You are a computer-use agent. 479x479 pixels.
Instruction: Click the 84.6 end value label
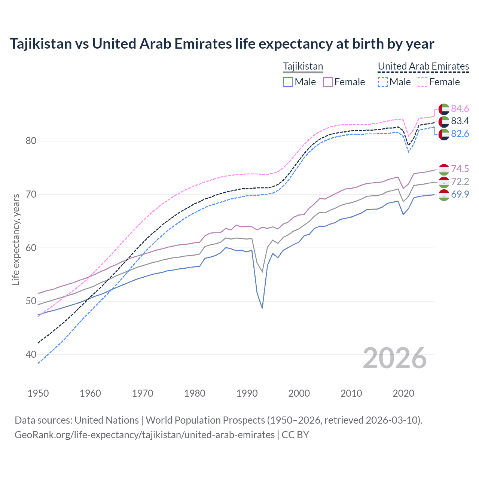pos(460,109)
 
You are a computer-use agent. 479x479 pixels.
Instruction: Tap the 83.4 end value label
pos(460,121)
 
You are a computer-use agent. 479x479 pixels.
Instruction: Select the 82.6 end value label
pos(460,134)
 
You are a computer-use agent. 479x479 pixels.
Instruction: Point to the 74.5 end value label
pos(460,169)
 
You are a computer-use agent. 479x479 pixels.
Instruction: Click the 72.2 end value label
pos(460,181)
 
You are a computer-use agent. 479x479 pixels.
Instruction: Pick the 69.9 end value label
pos(460,194)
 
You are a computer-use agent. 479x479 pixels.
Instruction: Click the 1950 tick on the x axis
pos(38,393)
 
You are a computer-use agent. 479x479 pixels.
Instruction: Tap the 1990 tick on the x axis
pos(247,393)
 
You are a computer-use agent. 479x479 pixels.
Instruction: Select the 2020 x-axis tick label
pos(403,393)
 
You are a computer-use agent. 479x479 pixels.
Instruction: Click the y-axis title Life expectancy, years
pos(16,239)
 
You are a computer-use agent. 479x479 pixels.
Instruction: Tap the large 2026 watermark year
pos(395,358)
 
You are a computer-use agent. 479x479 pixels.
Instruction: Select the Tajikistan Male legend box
pos(287,82)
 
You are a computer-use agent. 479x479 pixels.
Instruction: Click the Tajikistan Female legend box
pos(327,82)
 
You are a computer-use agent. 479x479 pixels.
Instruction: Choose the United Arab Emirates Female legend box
pos(422,82)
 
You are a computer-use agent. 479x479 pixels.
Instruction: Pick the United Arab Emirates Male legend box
pos(382,82)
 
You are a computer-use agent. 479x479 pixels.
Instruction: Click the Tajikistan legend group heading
pos(303,67)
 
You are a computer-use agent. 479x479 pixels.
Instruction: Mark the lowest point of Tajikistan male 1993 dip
pos(262,308)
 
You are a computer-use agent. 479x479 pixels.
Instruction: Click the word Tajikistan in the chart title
pos(40,44)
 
